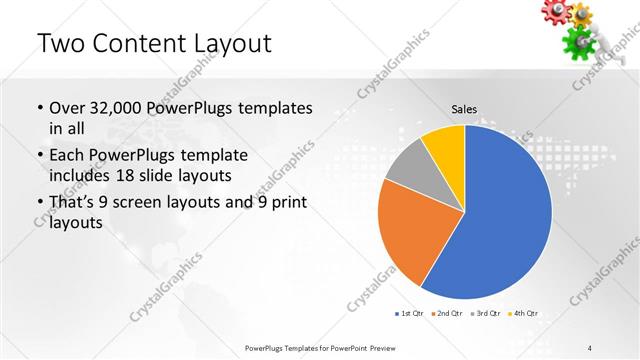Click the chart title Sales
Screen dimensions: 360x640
click(x=464, y=108)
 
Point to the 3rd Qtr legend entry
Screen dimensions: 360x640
click(x=485, y=314)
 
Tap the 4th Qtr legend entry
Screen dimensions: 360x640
click(x=523, y=314)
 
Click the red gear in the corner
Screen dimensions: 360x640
click(x=555, y=10)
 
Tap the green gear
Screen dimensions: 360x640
click(x=577, y=41)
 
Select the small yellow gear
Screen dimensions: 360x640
click(x=581, y=13)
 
